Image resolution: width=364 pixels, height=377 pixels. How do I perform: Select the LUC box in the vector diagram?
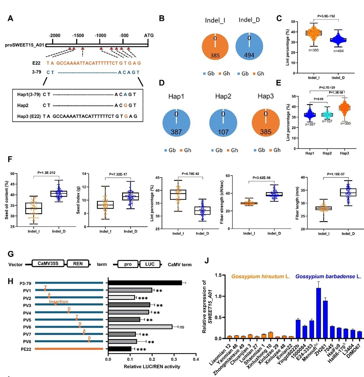coord(150,264)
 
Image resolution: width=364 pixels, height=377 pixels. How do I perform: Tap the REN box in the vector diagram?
coord(78,264)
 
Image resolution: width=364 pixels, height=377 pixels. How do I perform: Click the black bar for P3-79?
coord(145,283)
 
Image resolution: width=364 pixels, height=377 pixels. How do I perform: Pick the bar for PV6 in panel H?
coord(140,327)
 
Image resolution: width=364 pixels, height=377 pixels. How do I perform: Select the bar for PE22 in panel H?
coord(120,349)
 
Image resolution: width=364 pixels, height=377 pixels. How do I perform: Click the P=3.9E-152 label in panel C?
coord(326,16)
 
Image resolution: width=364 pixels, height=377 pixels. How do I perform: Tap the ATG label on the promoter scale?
coord(149,36)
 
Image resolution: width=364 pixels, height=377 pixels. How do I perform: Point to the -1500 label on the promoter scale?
coord(78,36)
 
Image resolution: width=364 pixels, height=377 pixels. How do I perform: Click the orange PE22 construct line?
coord(69,349)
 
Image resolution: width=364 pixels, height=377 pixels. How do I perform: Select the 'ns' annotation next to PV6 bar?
coord(182,327)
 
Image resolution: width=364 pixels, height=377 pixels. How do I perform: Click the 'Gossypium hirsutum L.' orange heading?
coord(261,277)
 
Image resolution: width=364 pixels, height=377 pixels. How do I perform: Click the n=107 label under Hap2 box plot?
coord(327,121)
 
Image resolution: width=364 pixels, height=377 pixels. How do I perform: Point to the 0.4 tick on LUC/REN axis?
coord(196,359)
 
